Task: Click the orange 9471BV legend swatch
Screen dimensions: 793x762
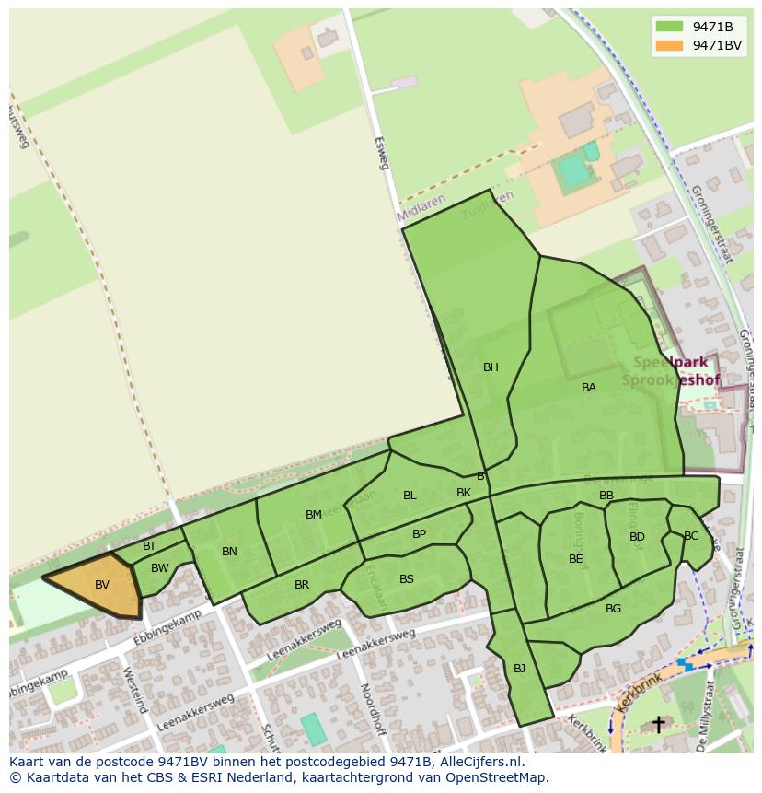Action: pyautogui.click(x=669, y=45)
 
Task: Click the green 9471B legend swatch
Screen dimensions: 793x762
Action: pyautogui.click(x=669, y=27)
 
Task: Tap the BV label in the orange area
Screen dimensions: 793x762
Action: pyautogui.click(x=102, y=585)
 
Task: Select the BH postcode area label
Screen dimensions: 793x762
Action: pyautogui.click(x=491, y=367)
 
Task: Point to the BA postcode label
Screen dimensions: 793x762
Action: pyautogui.click(x=589, y=388)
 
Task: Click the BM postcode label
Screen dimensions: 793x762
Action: pyautogui.click(x=314, y=515)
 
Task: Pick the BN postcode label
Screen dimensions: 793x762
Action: pyautogui.click(x=229, y=552)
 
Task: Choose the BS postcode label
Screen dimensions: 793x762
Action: pyautogui.click(x=407, y=579)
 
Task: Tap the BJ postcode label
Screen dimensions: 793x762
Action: pyautogui.click(x=519, y=669)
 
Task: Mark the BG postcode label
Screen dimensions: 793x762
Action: pyautogui.click(x=613, y=609)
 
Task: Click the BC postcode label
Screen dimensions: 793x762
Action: pyautogui.click(x=691, y=536)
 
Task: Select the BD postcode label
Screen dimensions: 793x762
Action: pyautogui.click(x=637, y=537)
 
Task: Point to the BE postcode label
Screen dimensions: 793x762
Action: pyautogui.click(x=576, y=559)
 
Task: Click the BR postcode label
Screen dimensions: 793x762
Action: pyautogui.click(x=302, y=585)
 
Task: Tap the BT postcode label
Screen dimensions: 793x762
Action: pyautogui.click(x=149, y=547)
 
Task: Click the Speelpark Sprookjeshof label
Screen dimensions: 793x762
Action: pyautogui.click(x=671, y=371)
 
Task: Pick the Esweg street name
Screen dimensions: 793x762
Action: pyautogui.click(x=382, y=154)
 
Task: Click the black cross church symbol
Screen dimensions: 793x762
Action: pyautogui.click(x=658, y=725)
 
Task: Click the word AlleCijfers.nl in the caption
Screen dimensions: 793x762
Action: pyautogui.click(x=479, y=762)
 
